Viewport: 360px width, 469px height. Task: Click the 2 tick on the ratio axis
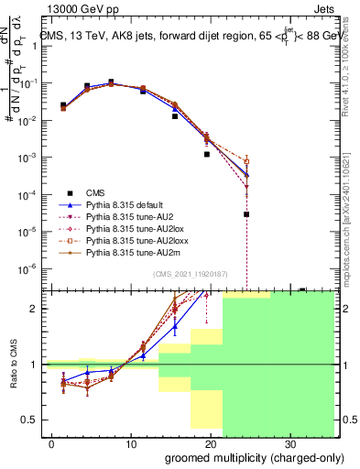(38, 309)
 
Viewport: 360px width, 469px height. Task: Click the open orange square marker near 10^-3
(246, 161)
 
